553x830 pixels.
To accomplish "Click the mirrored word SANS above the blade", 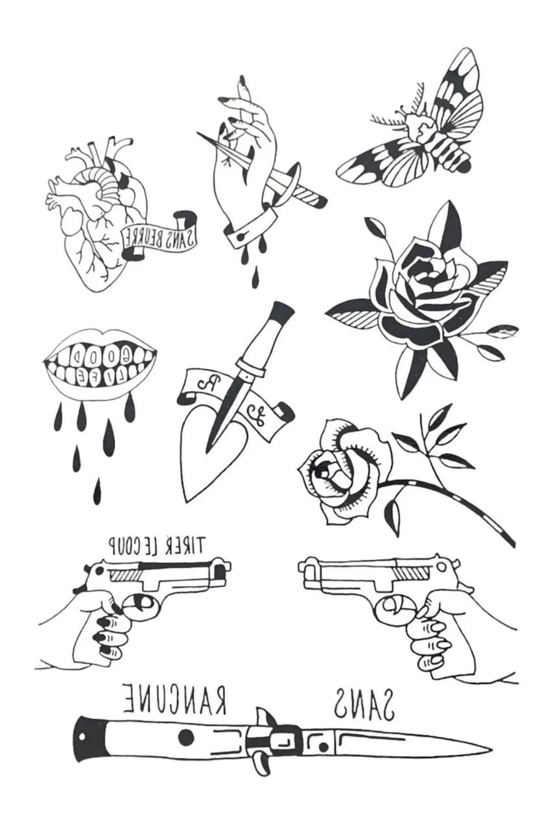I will click(364, 704).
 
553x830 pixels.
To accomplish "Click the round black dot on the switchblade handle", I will click(186, 737).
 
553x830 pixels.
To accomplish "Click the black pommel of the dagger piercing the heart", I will click(281, 312).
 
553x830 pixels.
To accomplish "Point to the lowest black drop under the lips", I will click(97, 493).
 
